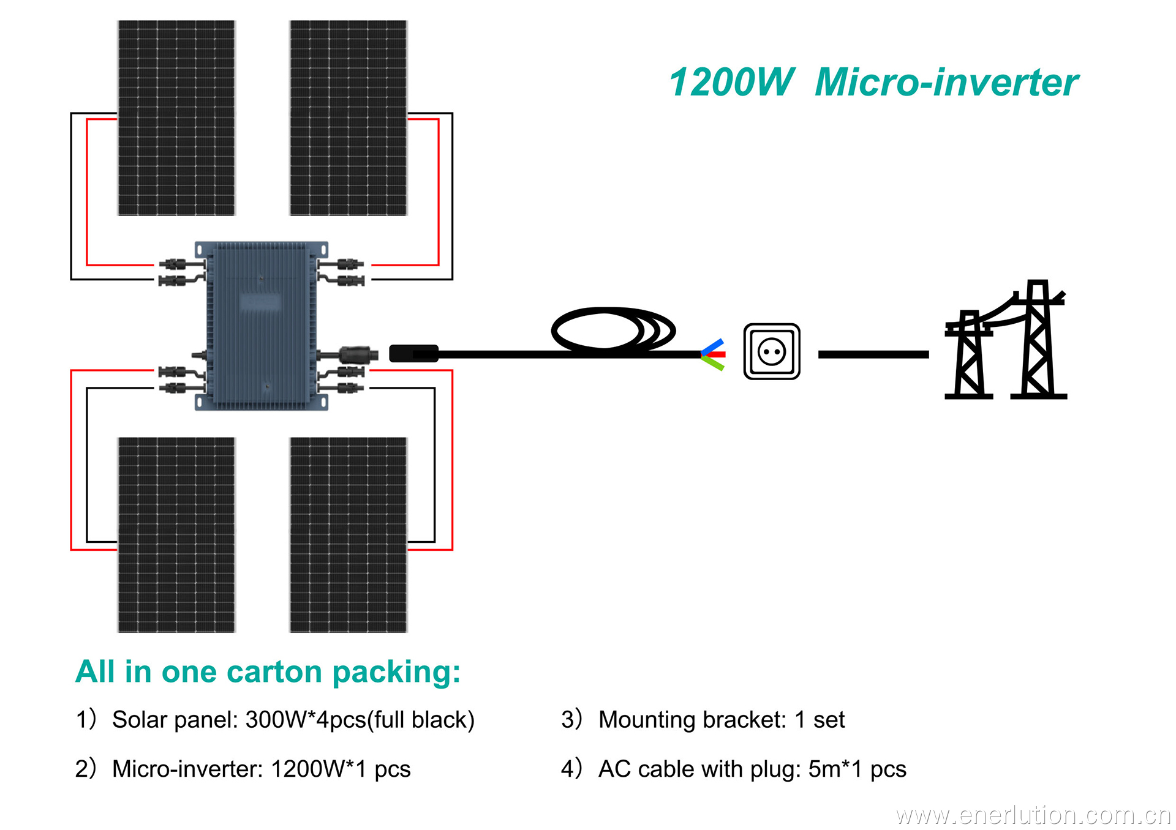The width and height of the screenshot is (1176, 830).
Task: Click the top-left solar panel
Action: tap(176, 118)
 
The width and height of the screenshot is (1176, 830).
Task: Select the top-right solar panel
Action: tap(348, 118)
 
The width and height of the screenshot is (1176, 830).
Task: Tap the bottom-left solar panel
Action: tap(176, 534)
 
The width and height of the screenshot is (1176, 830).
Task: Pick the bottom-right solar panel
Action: tap(348, 534)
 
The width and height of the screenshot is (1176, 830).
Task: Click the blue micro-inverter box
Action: tap(262, 326)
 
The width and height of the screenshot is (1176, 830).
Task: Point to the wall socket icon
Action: tap(772, 352)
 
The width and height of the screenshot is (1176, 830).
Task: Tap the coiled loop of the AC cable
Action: tap(612, 331)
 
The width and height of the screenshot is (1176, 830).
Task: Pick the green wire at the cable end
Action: tap(714, 364)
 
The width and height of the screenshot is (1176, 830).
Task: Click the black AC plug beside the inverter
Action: tap(414, 354)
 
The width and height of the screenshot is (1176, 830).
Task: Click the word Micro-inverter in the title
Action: tap(946, 83)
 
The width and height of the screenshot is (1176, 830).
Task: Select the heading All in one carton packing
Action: tap(268, 672)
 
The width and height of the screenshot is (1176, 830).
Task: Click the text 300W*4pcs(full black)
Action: tap(360, 720)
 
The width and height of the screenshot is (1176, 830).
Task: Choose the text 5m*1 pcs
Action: tap(857, 769)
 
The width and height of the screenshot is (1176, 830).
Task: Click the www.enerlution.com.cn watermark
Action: tap(1033, 815)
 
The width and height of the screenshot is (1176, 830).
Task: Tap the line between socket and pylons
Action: tap(873, 354)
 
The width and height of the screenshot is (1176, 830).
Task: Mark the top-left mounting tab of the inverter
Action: tap(200, 249)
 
